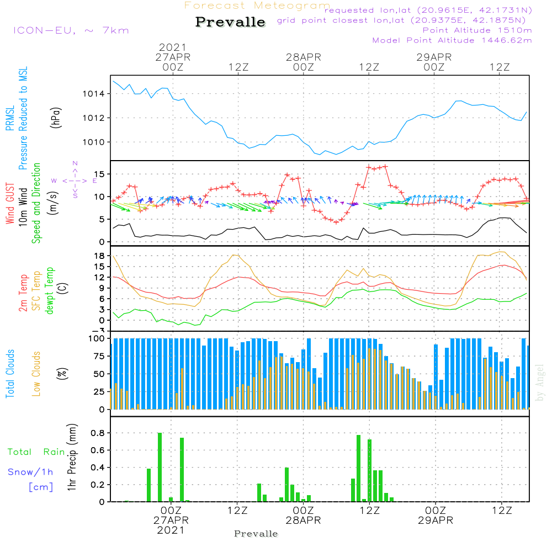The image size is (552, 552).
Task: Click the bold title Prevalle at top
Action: pos(230,23)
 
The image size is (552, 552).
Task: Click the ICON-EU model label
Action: pos(70,30)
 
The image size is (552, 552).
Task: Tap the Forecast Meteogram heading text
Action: pos(257,6)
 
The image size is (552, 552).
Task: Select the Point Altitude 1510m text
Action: pos(477,30)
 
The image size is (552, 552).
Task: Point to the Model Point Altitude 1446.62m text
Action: pos(452,40)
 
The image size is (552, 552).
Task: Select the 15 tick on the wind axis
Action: pos(100,174)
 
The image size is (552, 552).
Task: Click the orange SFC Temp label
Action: pos(36,291)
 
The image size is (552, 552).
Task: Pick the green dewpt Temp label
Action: pos(50,291)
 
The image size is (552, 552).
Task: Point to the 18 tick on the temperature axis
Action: pos(99,256)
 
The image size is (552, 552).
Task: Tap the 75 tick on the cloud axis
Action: pos(98,356)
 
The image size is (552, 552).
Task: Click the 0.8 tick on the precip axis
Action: pos(97,433)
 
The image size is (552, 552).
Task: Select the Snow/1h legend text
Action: pos(31,472)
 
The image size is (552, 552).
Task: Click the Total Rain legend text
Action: pos(36,452)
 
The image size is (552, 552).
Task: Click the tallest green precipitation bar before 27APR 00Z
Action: pos(160,467)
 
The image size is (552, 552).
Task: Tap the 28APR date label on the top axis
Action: pos(303,57)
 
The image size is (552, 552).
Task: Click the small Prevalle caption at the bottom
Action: pos(256,534)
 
